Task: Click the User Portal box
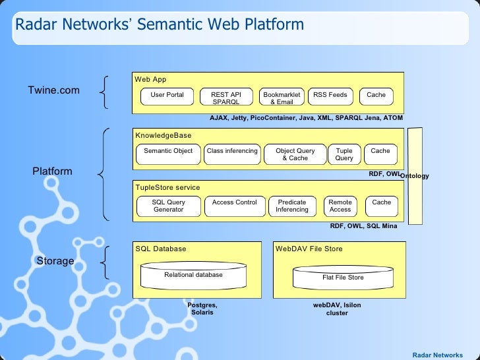point(167,96)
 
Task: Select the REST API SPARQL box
point(226,96)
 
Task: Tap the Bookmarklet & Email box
point(282,96)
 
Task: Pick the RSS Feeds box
point(330,96)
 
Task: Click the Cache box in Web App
point(376,96)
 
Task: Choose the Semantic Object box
point(168,154)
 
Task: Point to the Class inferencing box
point(232,154)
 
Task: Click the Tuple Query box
point(344,154)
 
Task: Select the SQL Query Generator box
point(169,206)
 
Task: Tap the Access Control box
point(235,206)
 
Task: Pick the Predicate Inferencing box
point(292,206)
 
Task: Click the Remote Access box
point(340,206)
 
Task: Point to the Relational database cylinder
point(193,276)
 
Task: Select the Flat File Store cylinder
point(343,278)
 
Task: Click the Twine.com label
point(54,90)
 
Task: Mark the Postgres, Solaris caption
point(202,309)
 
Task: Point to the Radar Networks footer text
point(438,355)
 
